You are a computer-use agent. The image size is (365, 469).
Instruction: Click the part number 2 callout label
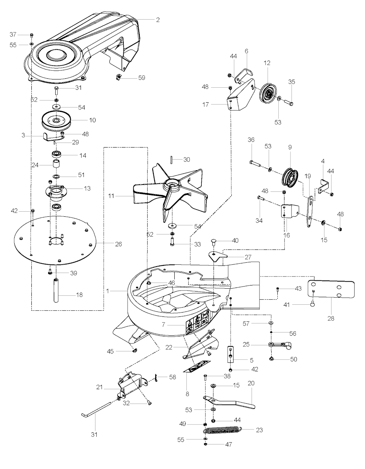coord(158,20)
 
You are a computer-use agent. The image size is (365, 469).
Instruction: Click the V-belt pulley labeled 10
coord(56,120)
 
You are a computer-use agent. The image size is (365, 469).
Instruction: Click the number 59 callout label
coord(142,77)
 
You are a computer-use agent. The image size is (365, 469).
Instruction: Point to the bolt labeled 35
coord(288,102)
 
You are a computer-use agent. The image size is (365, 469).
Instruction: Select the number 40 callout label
coord(235,241)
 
